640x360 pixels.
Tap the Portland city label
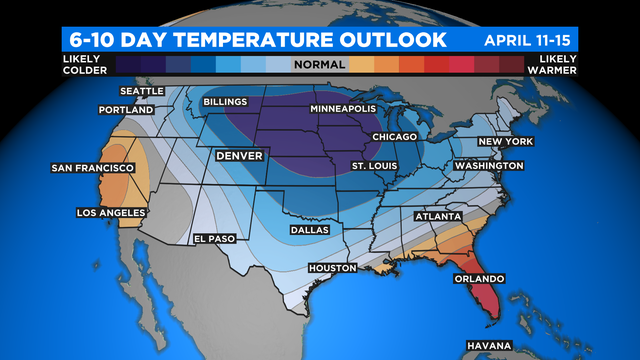[x=126, y=109]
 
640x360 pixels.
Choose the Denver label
[x=241, y=157]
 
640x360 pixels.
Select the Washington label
[x=489, y=165]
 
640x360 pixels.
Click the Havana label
[x=489, y=346]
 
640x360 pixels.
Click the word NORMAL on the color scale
[x=319, y=64]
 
